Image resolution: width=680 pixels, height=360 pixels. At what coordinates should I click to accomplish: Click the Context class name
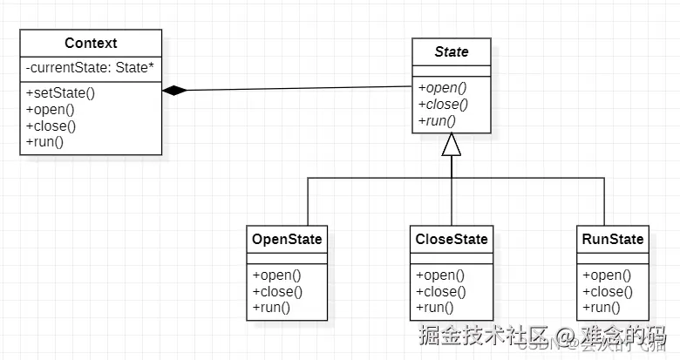pyautogui.click(x=91, y=43)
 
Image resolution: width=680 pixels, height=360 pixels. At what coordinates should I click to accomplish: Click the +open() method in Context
pyautogui.click(x=50, y=109)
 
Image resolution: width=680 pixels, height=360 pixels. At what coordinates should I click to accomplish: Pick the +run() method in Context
pyautogui.click(x=45, y=141)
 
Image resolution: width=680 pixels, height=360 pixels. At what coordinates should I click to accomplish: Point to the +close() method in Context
pyautogui.click(x=51, y=126)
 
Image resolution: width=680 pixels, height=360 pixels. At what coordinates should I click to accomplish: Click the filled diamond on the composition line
pyautogui.click(x=174, y=90)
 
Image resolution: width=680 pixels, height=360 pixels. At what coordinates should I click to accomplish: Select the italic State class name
pyautogui.click(x=451, y=51)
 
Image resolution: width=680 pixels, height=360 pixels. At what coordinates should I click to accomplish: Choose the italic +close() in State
pyautogui.click(x=443, y=103)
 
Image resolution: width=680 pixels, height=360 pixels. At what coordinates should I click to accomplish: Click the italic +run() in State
pyautogui.click(x=437, y=119)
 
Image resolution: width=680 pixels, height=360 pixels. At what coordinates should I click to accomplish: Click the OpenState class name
pyautogui.click(x=287, y=239)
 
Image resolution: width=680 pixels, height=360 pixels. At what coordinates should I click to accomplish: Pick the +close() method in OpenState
pyautogui.click(x=277, y=291)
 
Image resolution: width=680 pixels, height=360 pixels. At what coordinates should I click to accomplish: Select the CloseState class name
pyautogui.click(x=451, y=239)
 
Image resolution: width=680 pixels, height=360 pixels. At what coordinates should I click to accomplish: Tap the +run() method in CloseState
pyautogui.click(x=435, y=307)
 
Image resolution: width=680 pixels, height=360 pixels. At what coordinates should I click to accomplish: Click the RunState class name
pyautogui.click(x=613, y=239)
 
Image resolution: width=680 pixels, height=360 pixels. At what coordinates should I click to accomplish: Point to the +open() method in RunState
pyautogui.click(x=606, y=275)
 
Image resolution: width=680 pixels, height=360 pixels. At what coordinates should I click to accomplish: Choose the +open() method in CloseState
pyautogui.click(x=440, y=275)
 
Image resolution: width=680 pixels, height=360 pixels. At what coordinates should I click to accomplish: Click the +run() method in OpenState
pyautogui.click(x=271, y=307)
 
